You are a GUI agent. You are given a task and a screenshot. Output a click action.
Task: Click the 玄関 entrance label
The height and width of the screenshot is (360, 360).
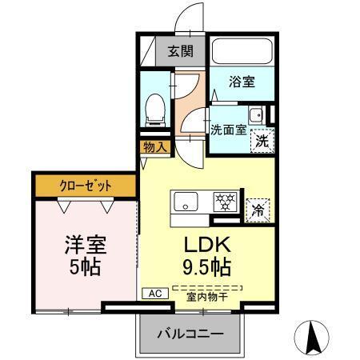(x=179, y=52)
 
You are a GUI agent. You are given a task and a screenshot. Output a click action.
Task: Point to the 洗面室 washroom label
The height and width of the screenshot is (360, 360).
(x=228, y=129)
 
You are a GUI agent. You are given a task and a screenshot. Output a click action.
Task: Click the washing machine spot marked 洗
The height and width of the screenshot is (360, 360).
(x=261, y=141)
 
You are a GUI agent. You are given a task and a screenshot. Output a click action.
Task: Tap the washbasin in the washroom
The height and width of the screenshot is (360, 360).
(x=256, y=115)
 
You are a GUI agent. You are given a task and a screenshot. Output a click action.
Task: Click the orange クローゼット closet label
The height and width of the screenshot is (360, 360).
(x=86, y=186)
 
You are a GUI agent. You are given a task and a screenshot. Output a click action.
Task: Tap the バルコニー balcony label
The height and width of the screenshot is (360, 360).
(x=190, y=333)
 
